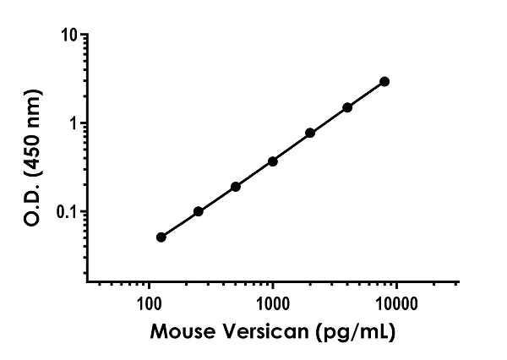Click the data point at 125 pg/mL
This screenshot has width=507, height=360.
tap(161, 237)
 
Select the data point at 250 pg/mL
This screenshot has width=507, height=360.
tap(199, 211)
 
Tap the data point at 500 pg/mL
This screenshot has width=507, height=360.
tap(236, 186)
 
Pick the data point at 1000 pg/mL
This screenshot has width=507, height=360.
tap(273, 161)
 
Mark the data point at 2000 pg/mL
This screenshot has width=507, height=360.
tap(310, 133)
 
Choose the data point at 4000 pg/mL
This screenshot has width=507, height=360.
tap(347, 107)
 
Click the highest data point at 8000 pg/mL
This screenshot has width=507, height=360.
tap(384, 81)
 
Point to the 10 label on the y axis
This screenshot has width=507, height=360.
tap(70, 35)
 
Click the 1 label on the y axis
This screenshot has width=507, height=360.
tap(74, 123)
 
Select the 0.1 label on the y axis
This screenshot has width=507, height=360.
tap(68, 211)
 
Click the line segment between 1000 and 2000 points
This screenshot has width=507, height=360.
tap(292, 147)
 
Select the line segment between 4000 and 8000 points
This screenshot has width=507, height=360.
tap(366, 95)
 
